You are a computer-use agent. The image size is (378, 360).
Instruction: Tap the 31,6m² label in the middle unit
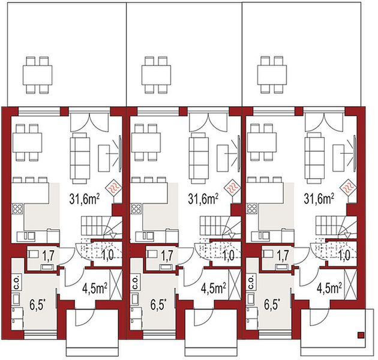[x=202, y=197]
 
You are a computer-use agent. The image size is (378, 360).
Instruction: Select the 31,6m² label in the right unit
[x=319, y=197]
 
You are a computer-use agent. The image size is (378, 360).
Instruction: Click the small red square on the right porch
[x=361, y=334]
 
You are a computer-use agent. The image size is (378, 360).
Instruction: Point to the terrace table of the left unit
[x=36, y=74]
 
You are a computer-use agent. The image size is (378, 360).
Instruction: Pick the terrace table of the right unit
[x=272, y=74]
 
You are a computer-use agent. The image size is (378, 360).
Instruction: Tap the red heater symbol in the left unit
[x=114, y=186]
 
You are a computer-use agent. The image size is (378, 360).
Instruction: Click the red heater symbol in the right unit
[x=347, y=186]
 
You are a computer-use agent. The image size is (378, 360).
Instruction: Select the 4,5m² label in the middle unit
[x=213, y=288]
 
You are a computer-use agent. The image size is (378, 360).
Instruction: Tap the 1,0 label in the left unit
[x=109, y=256]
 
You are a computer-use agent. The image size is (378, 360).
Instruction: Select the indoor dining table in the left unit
[x=26, y=143]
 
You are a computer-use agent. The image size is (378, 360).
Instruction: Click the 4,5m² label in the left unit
[x=95, y=288]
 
